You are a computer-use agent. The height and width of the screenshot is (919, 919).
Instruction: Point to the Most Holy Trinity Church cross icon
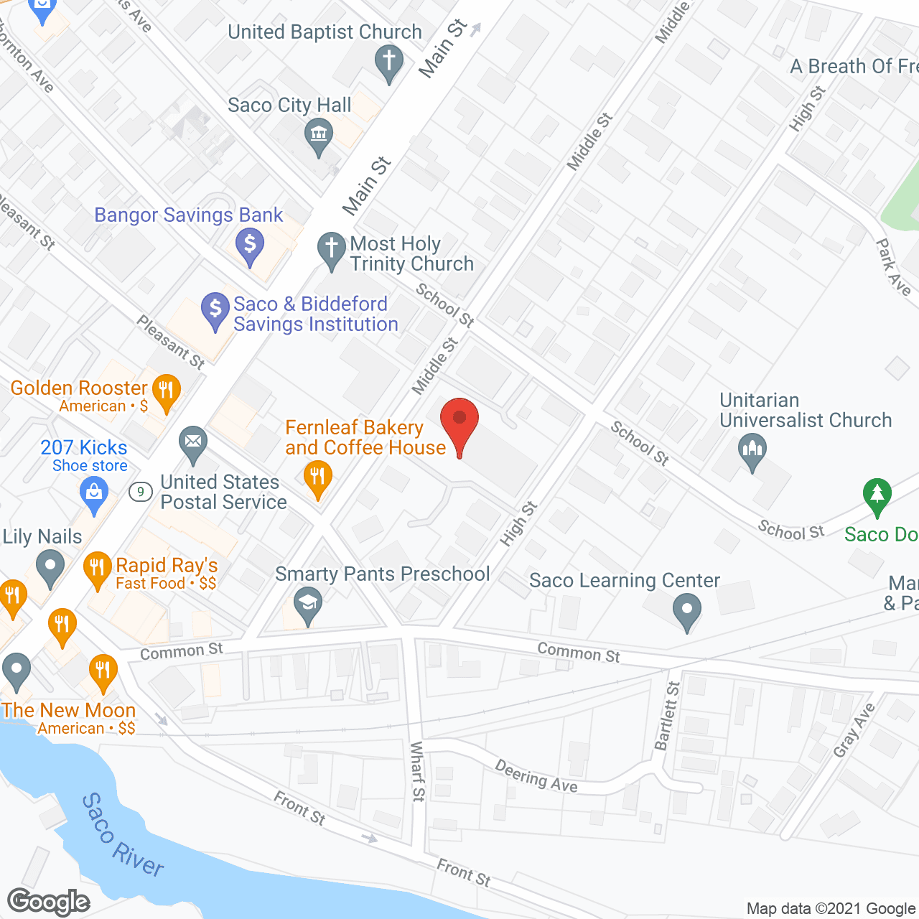click(332, 250)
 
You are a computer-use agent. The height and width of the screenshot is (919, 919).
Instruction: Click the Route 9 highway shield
click(141, 492)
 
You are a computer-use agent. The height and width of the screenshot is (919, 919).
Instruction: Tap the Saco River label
click(122, 835)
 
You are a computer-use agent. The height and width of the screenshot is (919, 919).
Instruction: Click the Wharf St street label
click(417, 771)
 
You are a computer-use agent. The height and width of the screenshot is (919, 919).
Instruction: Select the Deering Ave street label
click(536, 777)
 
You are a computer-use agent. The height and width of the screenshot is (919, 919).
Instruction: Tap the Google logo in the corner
click(49, 902)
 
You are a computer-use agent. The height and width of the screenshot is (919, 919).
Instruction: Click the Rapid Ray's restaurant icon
click(97, 569)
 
